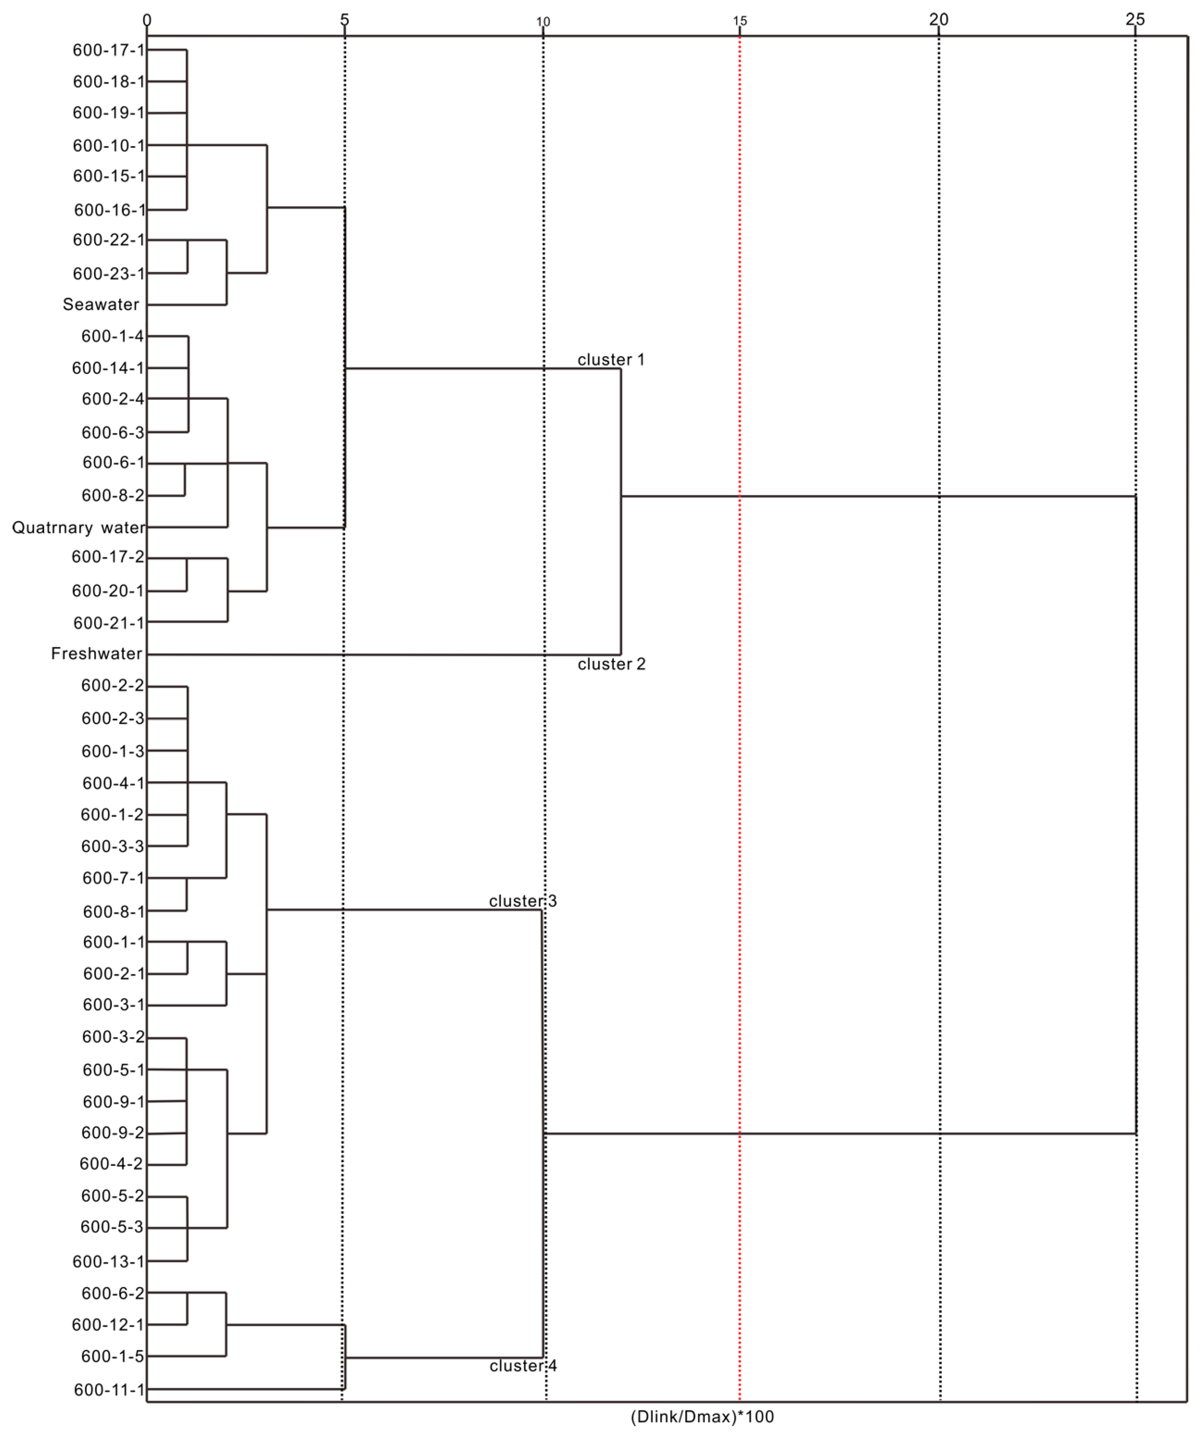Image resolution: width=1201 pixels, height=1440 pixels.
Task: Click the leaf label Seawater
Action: click(x=101, y=304)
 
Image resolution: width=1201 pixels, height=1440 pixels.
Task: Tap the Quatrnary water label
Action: click(x=78, y=527)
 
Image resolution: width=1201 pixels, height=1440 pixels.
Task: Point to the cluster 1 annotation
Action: click(x=611, y=360)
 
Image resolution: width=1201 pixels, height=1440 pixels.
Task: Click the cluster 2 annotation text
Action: click(x=611, y=664)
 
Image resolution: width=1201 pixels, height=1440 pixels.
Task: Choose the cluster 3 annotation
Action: click(x=523, y=901)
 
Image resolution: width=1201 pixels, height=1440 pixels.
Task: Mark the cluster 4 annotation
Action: click(x=523, y=1366)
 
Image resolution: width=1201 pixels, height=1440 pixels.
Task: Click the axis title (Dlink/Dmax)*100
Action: click(x=702, y=1416)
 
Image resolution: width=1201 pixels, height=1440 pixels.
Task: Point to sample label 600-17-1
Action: click(x=108, y=50)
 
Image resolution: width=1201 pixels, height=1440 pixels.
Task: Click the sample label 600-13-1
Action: click(x=108, y=1261)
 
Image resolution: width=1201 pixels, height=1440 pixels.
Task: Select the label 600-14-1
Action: click(x=108, y=368)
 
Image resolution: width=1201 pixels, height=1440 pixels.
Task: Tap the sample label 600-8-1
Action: click(x=113, y=911)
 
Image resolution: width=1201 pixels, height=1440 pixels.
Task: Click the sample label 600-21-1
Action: click(x=108, y=623)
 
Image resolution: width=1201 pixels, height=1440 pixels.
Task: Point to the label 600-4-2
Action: click(x=111, y=1164)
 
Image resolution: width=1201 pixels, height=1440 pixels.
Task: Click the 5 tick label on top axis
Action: click(x=344, y=20)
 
